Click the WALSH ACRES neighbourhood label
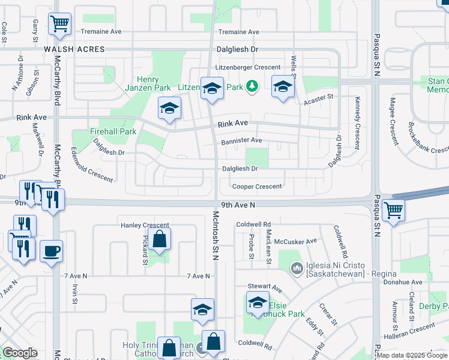(x=73, y=49)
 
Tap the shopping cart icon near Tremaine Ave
(x=59, y=25)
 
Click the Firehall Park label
(x=113, y=131)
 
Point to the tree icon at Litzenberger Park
(x=253, y=87)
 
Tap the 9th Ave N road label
(x=238, y=205)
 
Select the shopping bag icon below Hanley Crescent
(x=159, y=239)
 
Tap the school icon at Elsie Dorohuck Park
(x=258, y=303)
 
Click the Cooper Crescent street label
(x=257, y=187)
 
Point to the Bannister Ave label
(x=241, y=140)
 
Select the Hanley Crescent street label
(x=145, y=226)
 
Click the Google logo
(x=20, y=352)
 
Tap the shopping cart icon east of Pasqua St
(x=393, y=211)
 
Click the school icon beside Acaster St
(x=283, y=87)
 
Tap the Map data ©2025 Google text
(x=411, y=355)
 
